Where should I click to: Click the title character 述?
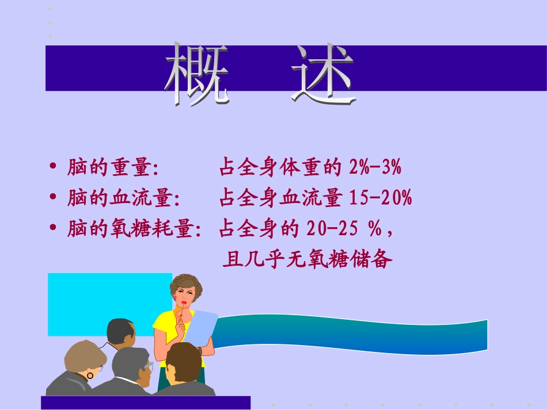pos(323,74)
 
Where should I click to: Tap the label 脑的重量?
pos(113,168)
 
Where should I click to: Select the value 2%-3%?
pos(375,168)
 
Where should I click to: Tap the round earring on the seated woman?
pos(90,375)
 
